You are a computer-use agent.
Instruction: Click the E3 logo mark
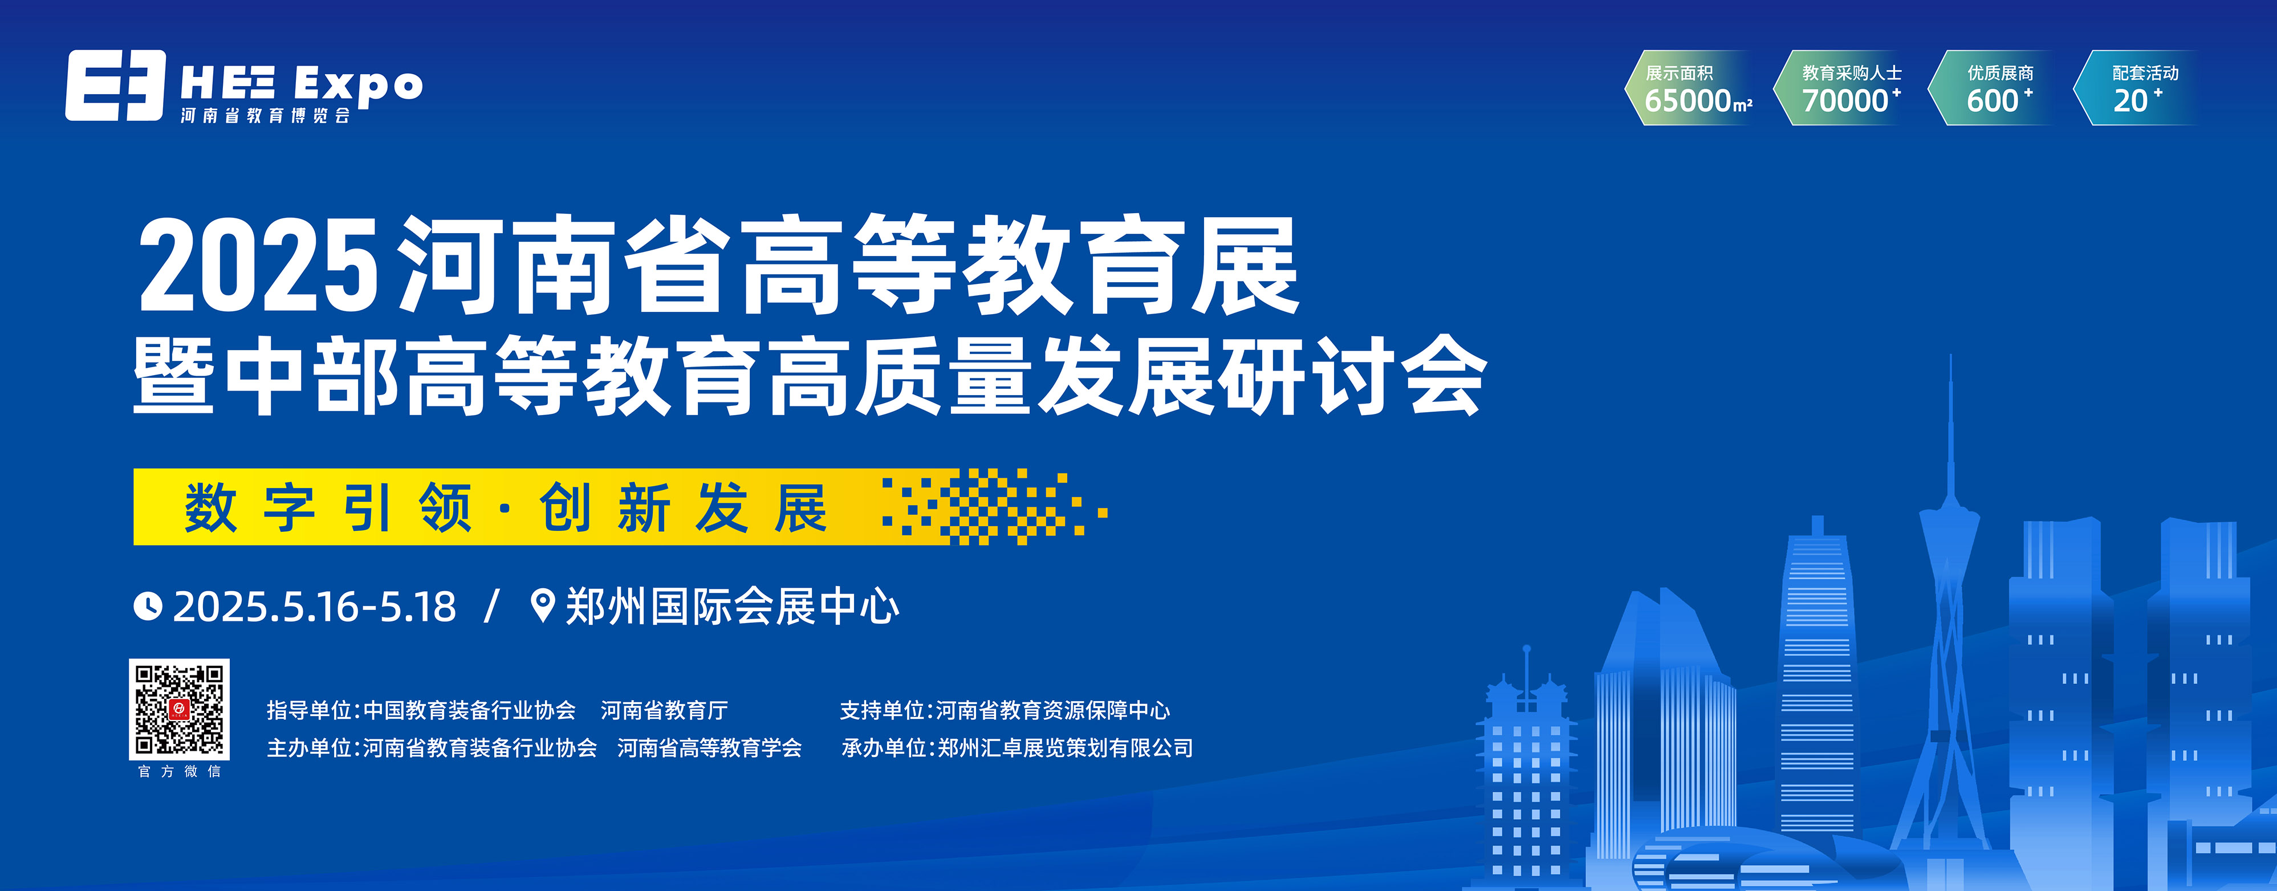[x=115, y=85]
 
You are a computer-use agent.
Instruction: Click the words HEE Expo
[x=302, y=85]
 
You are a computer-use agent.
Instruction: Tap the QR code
[x=180, y=709]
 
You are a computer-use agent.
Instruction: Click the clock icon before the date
[x=148, y=607]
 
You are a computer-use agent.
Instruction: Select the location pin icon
[x=542, y=605]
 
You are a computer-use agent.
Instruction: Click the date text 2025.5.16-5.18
[x=315, y=607]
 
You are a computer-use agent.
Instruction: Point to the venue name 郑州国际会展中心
[x=732, y=607]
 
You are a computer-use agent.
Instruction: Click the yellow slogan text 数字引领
[x=328, y=507]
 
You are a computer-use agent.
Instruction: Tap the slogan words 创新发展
[x=684, y=507]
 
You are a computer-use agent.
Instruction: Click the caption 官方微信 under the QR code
[x=180, y=772]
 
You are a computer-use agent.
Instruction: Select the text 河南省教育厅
[x=664, y=710]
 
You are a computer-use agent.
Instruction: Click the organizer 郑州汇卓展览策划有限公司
[x=1065, y=748]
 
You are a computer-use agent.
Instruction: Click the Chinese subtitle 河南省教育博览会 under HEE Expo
[x=265, y=116]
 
